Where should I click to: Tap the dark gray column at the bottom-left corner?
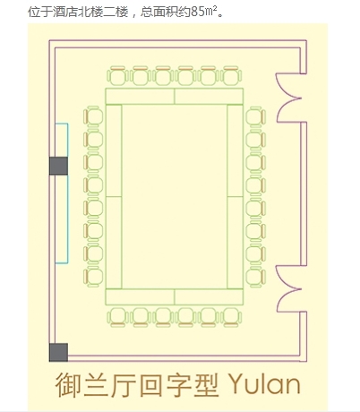click(58, 352)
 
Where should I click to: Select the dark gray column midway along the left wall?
click(58, 166)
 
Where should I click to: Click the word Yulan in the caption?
click(264, 384)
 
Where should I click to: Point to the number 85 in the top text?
click(197, 13)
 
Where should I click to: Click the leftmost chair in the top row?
click(118, 75)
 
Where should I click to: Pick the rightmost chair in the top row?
click(231, 75)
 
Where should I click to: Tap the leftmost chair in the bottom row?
click(118, 317)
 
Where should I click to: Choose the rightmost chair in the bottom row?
click(231, 317)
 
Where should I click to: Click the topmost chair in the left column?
click(93, 116)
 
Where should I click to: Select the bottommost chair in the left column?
click(93, 278)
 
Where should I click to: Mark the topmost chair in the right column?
click(255, 116)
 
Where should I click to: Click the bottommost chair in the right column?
click(255, 278)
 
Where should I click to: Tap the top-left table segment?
click(140, 96)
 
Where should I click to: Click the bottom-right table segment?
click(209, 296)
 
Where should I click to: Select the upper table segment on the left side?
click(114, 150)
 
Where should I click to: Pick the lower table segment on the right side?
click(236, 243)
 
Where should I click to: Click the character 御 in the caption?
click(68, 384)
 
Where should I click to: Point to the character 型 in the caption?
click(207, 384)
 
